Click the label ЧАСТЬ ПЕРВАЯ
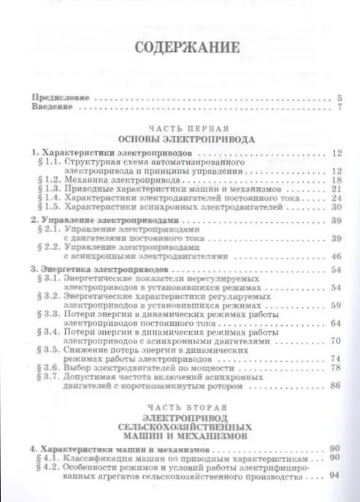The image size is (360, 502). point(179,126)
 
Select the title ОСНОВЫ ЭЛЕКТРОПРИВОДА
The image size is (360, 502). point(179,137)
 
